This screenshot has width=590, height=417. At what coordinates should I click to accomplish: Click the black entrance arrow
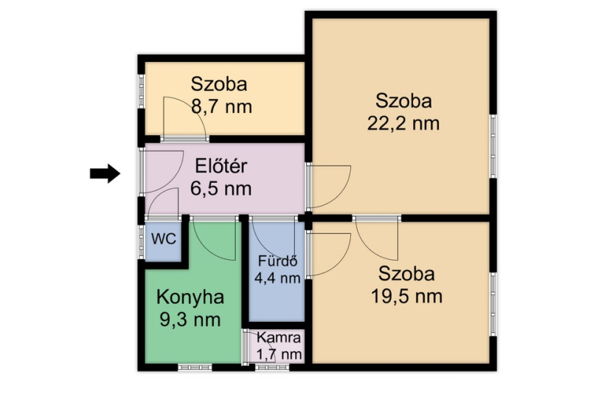point(105,173)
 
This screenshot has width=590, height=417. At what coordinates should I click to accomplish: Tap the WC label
point(164,239)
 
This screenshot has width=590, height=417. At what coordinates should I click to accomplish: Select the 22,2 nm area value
point(403,123)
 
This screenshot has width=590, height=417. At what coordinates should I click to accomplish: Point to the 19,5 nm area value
point(406,297)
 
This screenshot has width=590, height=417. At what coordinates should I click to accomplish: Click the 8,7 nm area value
point(221,106)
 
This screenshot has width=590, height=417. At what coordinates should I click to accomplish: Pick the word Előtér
point(221,166)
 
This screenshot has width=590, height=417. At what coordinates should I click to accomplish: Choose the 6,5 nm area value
point(221,188)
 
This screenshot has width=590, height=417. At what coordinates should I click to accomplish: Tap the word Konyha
point(190,297)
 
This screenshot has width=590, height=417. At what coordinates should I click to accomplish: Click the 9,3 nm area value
point(190,320)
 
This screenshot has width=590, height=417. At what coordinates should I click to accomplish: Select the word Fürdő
point(278,261)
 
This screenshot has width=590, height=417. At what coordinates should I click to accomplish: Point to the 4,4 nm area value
point(277,278)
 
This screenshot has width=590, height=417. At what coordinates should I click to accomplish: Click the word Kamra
point(279,337)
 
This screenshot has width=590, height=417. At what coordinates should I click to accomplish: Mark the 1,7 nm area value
point(279,354)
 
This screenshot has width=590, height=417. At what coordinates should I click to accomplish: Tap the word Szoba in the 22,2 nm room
point(403,101)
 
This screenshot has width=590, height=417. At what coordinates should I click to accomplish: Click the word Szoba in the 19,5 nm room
point(406,274)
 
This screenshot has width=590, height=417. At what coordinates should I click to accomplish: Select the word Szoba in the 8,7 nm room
point(219,84)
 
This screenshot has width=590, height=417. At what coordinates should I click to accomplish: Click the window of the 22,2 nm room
point(493,146)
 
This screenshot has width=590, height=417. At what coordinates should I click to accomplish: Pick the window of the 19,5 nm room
point(493,304)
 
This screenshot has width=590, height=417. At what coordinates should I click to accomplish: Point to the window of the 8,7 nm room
point(141,92)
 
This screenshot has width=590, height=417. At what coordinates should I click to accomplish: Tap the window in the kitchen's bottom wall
point(195,368)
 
